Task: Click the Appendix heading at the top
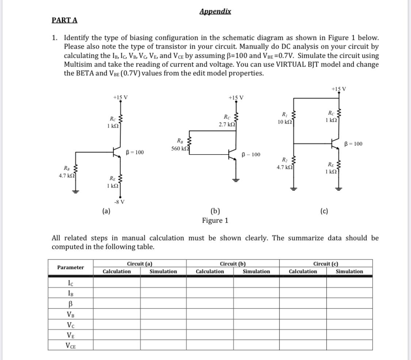click(215, 11)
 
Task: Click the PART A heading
click(64, 20)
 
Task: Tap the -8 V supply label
click(119, 202)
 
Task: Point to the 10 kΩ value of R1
click(284, 122)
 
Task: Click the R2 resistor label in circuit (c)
click(284, 160)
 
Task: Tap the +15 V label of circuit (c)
click(338, 88)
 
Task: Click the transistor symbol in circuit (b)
click(233, 155)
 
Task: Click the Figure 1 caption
click(215, 220)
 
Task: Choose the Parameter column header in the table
click(71, 268)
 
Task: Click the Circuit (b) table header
click(233, 264)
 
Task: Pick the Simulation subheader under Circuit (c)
click(349, 272)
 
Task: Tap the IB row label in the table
click(71, 293)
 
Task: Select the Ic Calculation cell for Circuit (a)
click(117, 283)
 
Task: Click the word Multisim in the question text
click(80, 65)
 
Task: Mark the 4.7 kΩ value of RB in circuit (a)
click(67, 176)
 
